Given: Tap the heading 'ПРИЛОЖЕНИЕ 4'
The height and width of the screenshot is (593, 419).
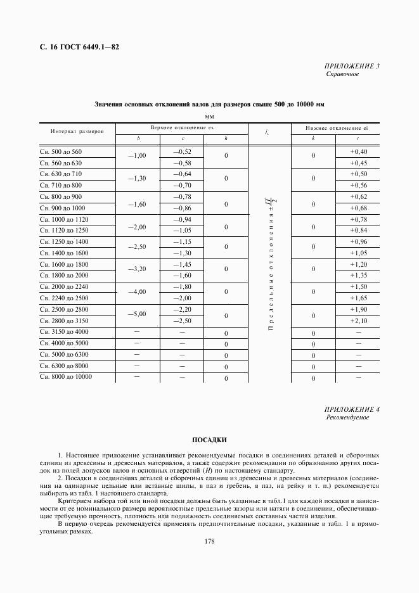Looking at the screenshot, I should pos(351,410).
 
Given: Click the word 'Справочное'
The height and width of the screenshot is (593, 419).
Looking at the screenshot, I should pos(342,74).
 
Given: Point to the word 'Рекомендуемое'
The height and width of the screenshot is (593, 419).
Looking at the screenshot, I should pos(348,418).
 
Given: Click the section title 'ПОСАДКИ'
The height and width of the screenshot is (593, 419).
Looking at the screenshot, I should pos(209,440).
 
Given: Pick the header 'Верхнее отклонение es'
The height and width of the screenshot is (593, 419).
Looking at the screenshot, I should pos(183,128).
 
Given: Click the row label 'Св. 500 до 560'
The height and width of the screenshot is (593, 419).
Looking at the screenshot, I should pos(61,152).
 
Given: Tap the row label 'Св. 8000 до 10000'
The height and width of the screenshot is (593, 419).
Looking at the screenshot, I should pos(66,377).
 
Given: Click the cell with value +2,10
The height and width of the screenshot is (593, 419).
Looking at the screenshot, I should pos(358,321).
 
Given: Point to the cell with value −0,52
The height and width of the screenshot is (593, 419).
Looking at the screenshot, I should pos(183,152).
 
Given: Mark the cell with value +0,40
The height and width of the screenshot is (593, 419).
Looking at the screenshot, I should pos(358,152).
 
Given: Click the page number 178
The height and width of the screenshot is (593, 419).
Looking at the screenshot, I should pos(209,541).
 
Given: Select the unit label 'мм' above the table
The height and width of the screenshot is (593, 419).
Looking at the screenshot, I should pos(210,117).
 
